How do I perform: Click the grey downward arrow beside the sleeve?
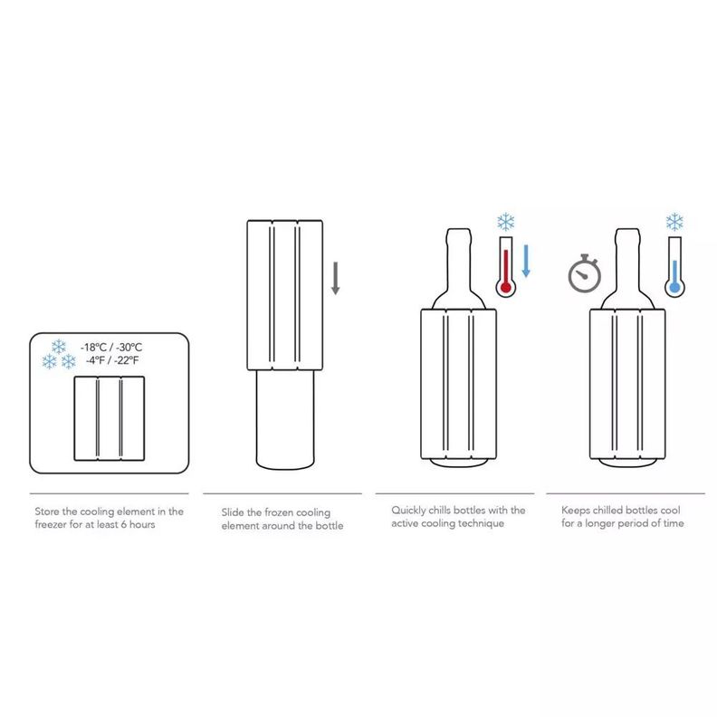click(335, 278)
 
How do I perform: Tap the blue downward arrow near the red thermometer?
click(526, 261)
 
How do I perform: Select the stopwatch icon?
click(585, 273)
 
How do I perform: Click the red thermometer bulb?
click(506, 288)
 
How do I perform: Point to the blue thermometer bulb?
click(674, 288)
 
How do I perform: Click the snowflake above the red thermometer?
click(506, 222)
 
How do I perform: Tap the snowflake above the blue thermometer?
click(674, 222)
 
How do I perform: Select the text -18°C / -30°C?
click(111, 347)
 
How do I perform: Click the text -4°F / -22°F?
click(112, 360)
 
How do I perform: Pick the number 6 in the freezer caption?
click(123, 524)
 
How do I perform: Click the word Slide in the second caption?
click(233, 512)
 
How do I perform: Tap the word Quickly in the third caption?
click(408, 511)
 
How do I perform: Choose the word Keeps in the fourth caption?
click(575, 511)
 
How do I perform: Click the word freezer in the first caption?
click(51, 524)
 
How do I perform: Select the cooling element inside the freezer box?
click(110, 418)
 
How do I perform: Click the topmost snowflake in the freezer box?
click(59, 347)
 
